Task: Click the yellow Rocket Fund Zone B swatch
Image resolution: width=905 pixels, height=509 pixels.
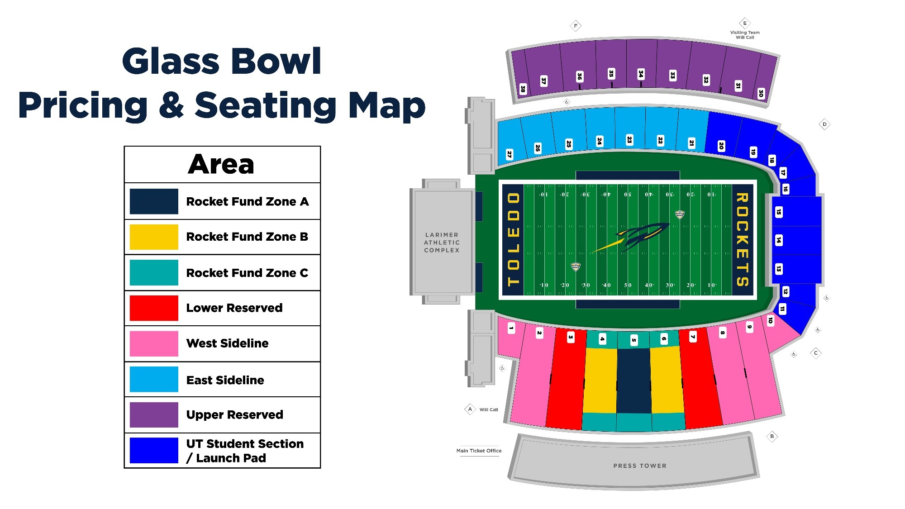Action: pos(154,237)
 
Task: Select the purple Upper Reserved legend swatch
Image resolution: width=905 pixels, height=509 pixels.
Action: pos(154,414)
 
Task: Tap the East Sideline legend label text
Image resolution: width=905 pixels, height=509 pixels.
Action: pos(225,380)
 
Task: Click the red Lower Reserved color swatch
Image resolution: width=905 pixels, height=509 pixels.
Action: pos(154,308)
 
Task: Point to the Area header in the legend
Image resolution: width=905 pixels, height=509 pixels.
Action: pos(221,164)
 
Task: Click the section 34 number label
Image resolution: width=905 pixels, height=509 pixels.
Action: pos(641,74)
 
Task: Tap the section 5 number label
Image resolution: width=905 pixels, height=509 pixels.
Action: pos(634,340)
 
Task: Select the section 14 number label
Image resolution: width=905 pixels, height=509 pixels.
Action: pos(779,240)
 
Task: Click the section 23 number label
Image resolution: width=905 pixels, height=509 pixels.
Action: pos(629,140)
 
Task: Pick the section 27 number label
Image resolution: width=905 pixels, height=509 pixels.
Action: pos(510,154)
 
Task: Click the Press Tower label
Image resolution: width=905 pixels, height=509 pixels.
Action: pos(640,466)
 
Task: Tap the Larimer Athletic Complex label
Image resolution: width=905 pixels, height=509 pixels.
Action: pos(442,243)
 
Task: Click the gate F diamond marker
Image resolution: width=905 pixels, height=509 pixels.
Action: pos(576,26)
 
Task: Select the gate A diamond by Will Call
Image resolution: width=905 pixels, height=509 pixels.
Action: pos(470,409)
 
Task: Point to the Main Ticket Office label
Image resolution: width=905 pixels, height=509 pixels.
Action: pos(479,451)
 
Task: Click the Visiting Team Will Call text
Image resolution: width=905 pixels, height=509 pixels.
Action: pos(745,35)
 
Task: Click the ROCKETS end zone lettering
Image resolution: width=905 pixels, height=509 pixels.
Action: pos(743,240)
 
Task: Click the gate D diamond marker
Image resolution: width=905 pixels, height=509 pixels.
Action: pos(824,124)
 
